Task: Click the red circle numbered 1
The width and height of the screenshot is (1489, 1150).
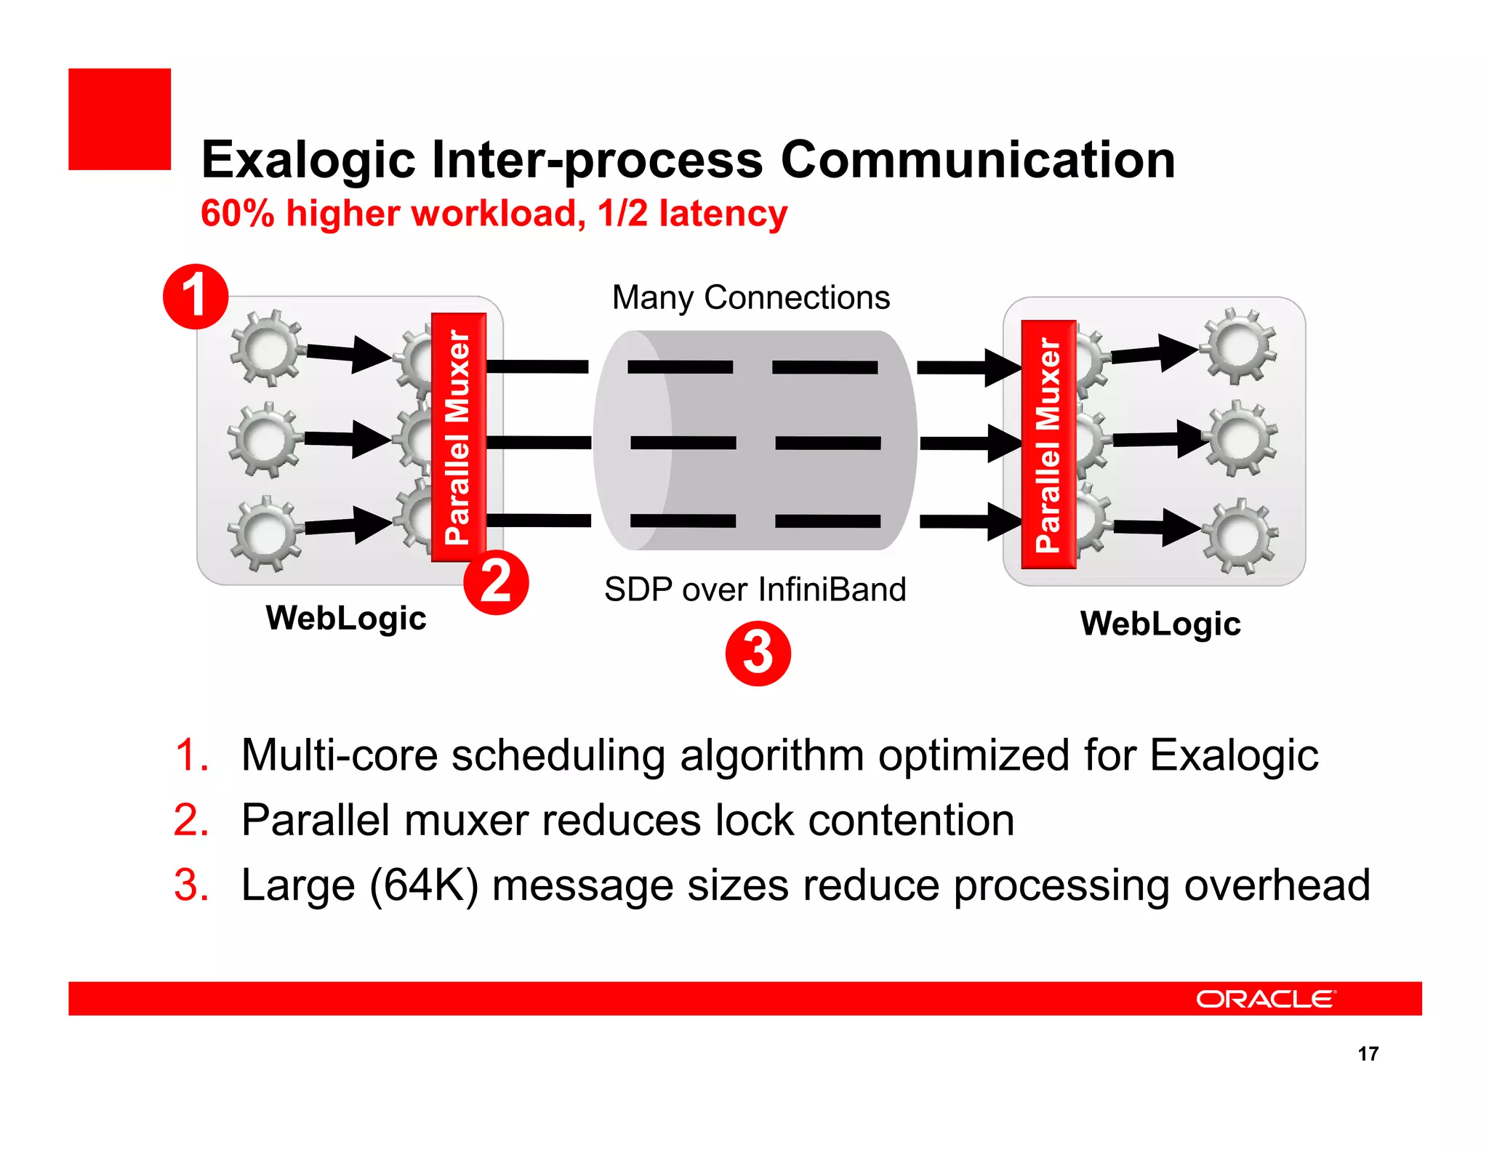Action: pyautogui.click(x=196, y=297)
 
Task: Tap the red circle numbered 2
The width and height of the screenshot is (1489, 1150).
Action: pyautogui.click(x=496, y=582)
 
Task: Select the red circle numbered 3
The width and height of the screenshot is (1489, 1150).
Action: pyautogui.click(x=758, y=653)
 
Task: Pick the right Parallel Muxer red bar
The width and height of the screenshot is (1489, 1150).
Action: pyautogui.click(x=1048, y=444)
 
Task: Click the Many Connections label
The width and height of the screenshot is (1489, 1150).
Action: pyautogui.click(x=751, y=297)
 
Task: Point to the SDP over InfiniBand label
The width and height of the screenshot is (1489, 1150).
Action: pyautogui.click(x=755, y=589)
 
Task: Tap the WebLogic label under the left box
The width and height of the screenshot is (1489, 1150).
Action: pyautogui.click(x=346, y=619)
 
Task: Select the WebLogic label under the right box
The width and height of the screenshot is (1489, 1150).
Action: pyautogui.click(x=1160, y=624)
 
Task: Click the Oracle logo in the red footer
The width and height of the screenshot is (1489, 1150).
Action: pyautogui.click(x=1266, y=999)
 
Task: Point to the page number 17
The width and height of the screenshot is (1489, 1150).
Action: pyautogui.click(x=1368, y=1053)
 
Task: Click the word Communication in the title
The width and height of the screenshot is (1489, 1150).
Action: pyautogui.click(x=977, y=159)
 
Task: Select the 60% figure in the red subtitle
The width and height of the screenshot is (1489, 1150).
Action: pyautogui.click(x=237, y=214)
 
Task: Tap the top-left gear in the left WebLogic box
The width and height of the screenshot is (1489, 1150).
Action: pyautogui.click(x=267, y=348)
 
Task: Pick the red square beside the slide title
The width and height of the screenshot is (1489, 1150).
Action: pyautogui.click(x=120, y=119)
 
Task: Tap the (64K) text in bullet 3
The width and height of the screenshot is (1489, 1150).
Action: pyautogui.click(x=424, y=885)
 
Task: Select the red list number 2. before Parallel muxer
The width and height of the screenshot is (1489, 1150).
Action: pyautogui.click(x=191, y=820)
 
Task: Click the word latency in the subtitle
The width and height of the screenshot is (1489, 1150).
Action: pyautogui.click(x=723, y=214)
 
